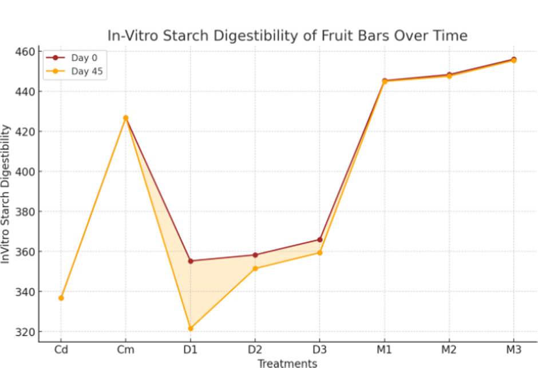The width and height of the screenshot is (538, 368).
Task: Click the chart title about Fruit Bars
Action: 287,36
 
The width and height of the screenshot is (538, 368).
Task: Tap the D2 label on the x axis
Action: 255,350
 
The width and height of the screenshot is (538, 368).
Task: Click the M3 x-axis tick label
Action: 513,350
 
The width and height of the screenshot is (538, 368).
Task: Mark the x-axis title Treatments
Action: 287,363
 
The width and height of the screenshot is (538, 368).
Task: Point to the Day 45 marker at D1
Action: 191,329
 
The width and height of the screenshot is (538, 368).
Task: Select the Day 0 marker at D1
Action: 191,261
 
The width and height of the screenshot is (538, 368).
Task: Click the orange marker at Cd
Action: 61,298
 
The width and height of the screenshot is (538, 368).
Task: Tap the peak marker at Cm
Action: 126,118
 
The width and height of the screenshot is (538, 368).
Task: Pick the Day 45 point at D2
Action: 255,269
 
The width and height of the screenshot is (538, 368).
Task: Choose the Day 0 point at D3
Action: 320,239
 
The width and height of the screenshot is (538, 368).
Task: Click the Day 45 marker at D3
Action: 320,253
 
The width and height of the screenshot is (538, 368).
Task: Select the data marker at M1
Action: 385,81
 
